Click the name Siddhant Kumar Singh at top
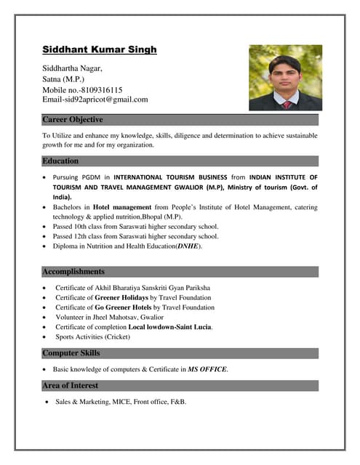[99, 50]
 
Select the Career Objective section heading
[73, 119]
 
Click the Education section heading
[60, 161]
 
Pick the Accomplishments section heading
[73, 271]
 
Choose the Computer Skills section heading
[71, 353]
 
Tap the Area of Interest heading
[70, 385]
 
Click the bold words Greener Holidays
[121, 297]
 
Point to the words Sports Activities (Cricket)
[92, 337]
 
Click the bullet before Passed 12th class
[47, 236]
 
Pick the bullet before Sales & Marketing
[47, 402]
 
